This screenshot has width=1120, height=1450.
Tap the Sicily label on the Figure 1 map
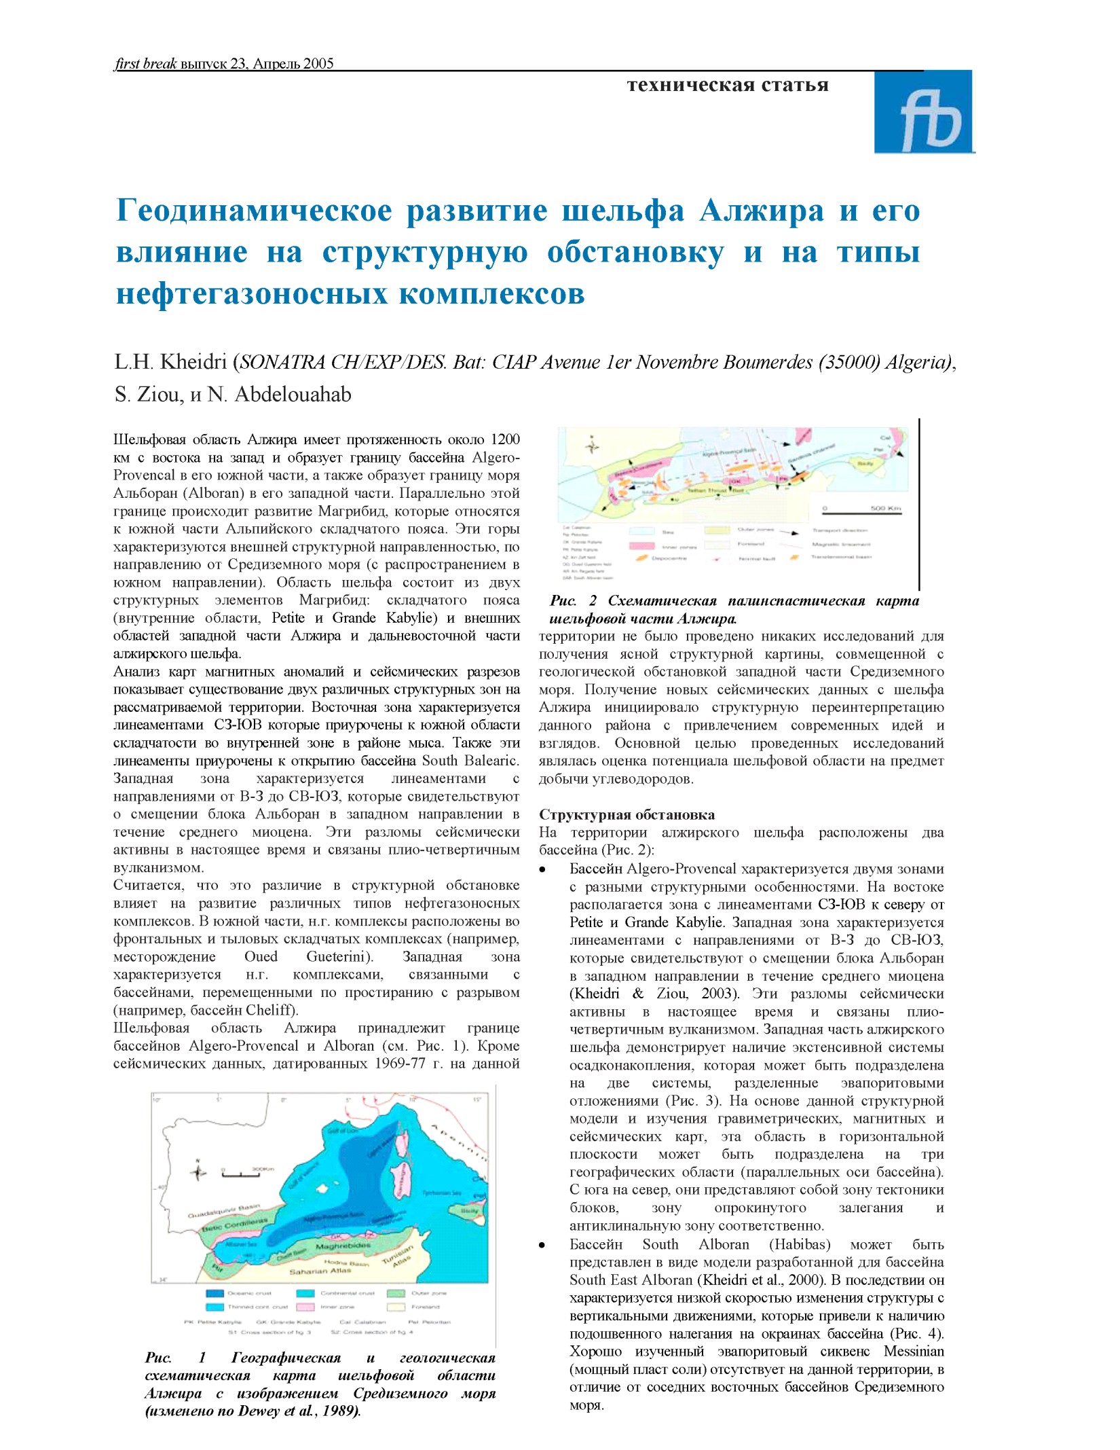(x=469, y=1210)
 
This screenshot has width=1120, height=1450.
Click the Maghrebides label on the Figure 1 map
(x=343, y=1246)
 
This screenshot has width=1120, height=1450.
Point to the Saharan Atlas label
(x=320, y=1271)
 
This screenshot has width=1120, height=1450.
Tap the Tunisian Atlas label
(x=397, y=1256)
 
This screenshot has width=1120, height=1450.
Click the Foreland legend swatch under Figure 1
(x=396, y=1307)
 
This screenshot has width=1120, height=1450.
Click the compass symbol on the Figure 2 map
(x=593, y=446)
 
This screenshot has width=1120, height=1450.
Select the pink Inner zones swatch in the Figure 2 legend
(x=641, y=545)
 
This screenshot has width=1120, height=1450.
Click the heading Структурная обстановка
(x=627, y=814)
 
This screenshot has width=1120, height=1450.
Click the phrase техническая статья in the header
(x=728, y=85)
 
